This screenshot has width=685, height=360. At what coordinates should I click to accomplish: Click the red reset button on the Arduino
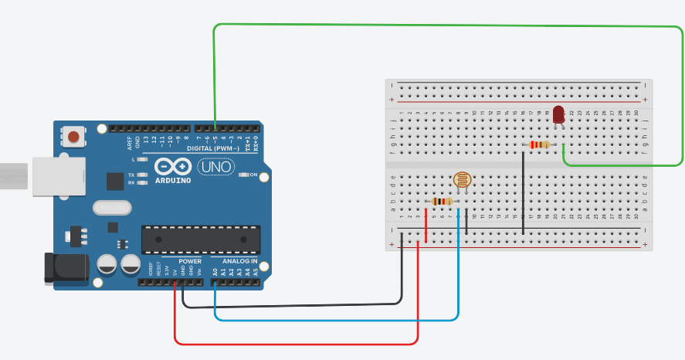pyautogui.click(x=73, y=138)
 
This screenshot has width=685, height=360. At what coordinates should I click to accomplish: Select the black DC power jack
pyautogui.click(x=65, y=267)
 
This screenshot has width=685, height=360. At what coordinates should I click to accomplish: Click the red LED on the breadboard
pyautogui.click(x=558, y=115)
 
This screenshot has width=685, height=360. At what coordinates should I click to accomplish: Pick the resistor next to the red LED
pyautogui.click(x=539, y=144)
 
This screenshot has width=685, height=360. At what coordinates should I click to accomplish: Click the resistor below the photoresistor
pyautogui.click(x=441, y=202)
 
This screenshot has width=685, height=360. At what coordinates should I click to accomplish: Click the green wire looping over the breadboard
pyautogui.click(x=448, y=25)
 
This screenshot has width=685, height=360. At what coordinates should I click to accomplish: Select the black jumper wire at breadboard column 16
pyautogui.click(x=524, y=193)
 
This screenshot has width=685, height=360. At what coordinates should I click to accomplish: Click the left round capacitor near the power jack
pyautogui.click(x=107, y=264)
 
